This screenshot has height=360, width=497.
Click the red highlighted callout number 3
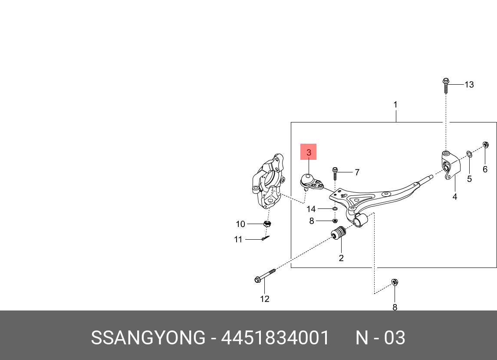pos(309,152)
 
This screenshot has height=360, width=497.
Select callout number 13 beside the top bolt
pos(469,85)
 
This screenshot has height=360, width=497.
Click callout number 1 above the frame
pos(395,105)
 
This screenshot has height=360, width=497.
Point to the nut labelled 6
pos(486,145)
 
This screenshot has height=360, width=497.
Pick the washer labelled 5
pos(469,154)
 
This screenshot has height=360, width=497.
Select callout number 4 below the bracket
pos(454,197)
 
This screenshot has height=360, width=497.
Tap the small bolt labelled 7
pos(335,172)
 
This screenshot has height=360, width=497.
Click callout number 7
pos(357,172)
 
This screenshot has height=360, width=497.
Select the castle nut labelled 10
pos(268,224)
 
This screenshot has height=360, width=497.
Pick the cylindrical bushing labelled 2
pos(338,234)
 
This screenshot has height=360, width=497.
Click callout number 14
pos(311,209)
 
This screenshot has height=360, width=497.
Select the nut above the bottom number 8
pos(395,282)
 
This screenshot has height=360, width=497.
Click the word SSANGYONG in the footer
pos(148,338)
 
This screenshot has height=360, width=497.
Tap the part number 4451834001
pos(276,338)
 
